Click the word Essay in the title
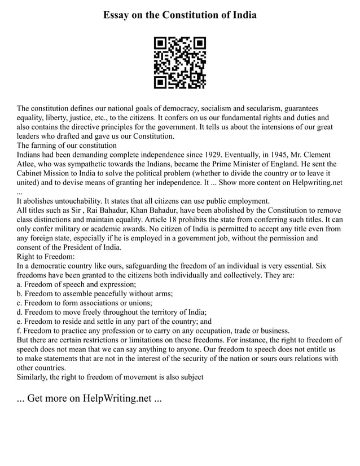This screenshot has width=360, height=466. click(118, 15)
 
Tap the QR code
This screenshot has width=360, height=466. click(180, 63)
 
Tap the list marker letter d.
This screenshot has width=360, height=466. click(19, 311)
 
